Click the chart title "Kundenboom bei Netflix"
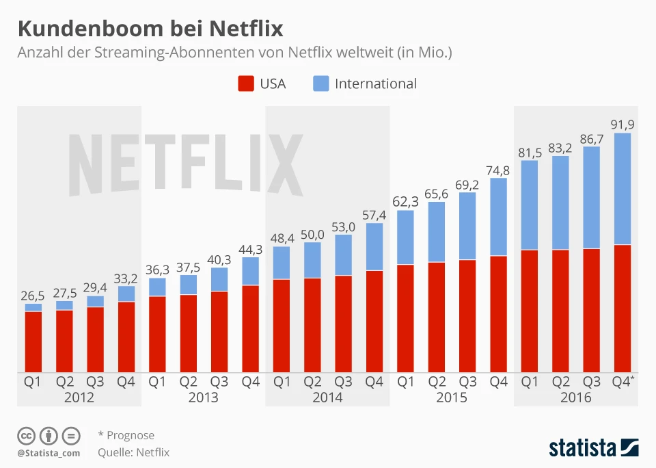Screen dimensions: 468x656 pos(150,29)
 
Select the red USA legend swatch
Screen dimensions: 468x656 pos(246,83)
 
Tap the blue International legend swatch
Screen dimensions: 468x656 pos(320,83)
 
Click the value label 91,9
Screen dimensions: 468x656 pos(623,124)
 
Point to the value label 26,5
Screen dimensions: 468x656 pos(33,295)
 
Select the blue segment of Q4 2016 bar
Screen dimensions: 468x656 pos(623,189)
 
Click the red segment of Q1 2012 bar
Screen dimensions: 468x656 pos(33,341)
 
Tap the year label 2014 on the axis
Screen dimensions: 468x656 pos(327,398)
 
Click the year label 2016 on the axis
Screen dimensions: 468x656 pos(575,398)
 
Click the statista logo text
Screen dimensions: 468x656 pos(582,448)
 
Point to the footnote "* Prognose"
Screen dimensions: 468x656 pos(126,435)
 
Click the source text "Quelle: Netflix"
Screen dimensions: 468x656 pos(133,452)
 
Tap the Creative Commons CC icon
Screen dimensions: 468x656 pos(27,435)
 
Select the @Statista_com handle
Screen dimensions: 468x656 pos(49,453)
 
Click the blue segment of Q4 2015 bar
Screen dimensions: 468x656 pos(499,217)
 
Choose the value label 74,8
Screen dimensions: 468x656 pos(499,170)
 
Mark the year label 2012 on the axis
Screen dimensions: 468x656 pos(79,398)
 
